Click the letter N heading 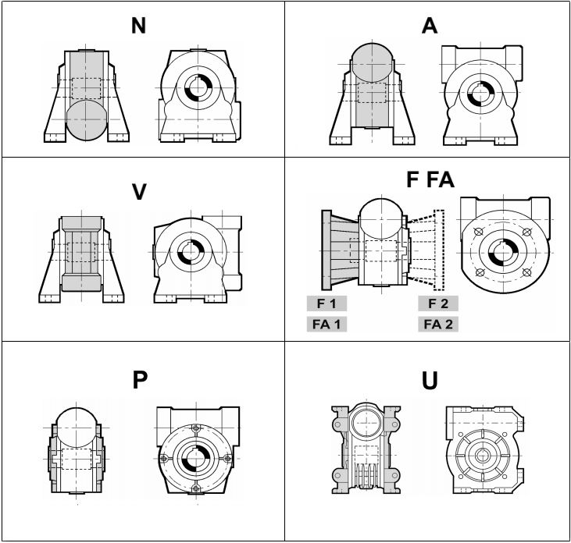138,26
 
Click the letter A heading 430,26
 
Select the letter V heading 139,192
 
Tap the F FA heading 430,179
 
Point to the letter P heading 140,380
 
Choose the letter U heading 430,381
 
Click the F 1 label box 327,303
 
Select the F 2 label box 438,303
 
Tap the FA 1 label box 327,324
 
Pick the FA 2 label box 438,324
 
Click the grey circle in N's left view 87,119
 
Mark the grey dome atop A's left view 372,62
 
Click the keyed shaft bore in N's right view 198,88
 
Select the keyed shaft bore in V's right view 191,251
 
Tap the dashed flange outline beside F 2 439,250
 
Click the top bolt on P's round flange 196,428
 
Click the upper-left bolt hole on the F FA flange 478,231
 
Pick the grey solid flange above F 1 327,250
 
